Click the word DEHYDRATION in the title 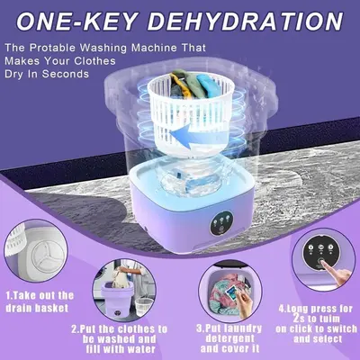tap(245, 22)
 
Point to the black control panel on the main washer tap(221, 224)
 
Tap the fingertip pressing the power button tap(322, 263)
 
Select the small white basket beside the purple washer tap(143, 307)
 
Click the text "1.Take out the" tap(40, 295)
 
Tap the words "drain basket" tap(37, 308)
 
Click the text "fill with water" tap(121, 349)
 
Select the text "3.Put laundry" tap(229, 328)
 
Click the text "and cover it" tap(229, 348)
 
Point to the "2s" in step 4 tap(299, 318)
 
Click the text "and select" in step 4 tap(318, 339)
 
